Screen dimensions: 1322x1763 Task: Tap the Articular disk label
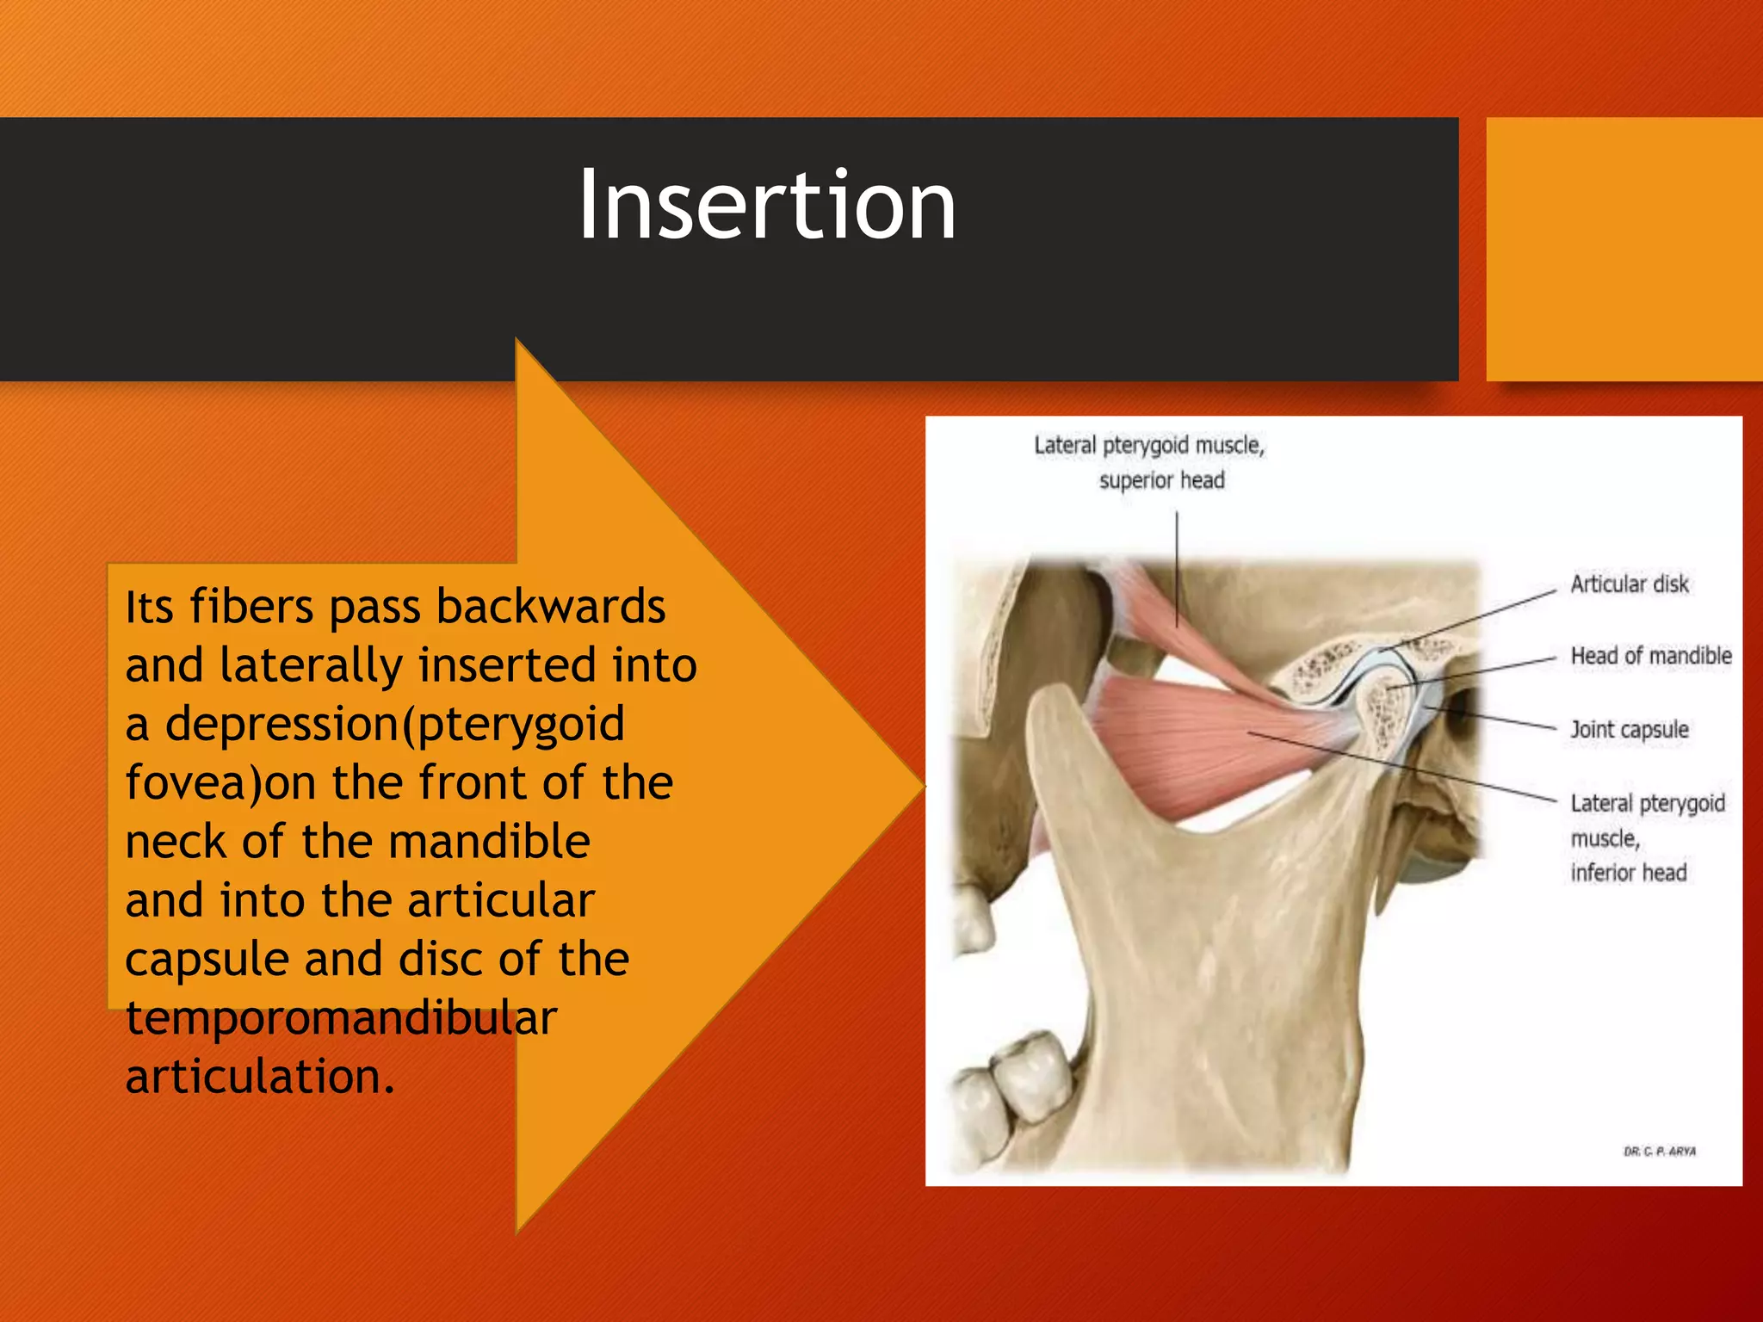(1629, 584)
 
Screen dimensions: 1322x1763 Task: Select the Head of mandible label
(1650, 656)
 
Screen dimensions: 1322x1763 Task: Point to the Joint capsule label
(1629, 730)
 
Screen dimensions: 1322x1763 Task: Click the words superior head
(1161, 480)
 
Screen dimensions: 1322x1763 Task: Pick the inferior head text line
(1628, 873)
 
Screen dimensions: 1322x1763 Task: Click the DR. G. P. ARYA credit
(1659, 1152)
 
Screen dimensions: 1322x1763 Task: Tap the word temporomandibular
(341, 1018)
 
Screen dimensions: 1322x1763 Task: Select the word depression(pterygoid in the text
(394, 724)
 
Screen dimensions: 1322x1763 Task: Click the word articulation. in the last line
(260, 1077)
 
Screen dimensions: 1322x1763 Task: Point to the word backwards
(551, 607)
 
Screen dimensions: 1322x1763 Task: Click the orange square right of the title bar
(1624, 250)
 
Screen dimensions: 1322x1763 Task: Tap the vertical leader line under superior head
(1177, 568)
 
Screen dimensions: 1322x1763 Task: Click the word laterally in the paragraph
(311, 665)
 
